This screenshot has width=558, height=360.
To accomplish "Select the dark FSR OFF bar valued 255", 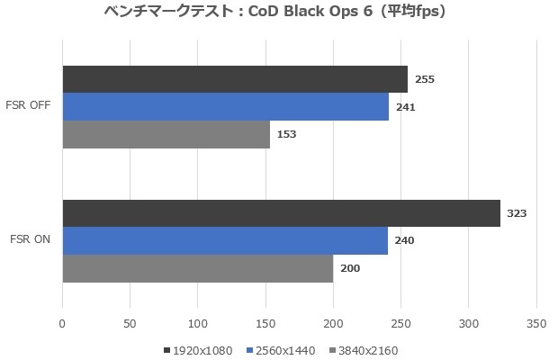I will tap(235, 79).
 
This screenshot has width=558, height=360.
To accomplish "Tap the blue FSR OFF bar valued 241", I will tap(225, 107).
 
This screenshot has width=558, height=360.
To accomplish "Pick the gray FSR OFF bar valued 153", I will tap(166, 134).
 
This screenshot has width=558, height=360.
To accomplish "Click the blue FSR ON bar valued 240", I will tap(225, 240).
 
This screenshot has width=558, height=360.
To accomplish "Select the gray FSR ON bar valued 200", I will tap(197, 268).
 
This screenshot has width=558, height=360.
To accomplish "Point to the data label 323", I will tap(517, 213).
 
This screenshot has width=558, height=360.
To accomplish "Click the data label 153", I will tap(287, 134).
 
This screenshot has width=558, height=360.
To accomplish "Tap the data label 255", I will tap(425, 79).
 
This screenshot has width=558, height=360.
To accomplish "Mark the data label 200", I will tap(350, 268).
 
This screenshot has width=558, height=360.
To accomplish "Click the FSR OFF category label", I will tap(29, 107).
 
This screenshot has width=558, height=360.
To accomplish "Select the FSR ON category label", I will tap(31, 240).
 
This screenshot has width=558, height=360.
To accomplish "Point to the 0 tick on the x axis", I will tap(62, 322).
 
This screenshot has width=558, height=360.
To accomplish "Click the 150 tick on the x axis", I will tap(265, 322).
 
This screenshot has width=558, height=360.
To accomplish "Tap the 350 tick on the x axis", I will tap(536, 322).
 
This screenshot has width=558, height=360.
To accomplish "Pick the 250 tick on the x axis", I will tap(401, 322).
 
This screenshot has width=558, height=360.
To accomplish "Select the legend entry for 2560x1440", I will tap(283, 350).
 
